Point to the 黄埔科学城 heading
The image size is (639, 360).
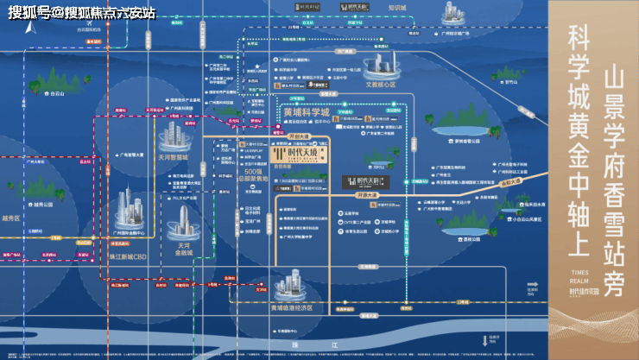[295, 113]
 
